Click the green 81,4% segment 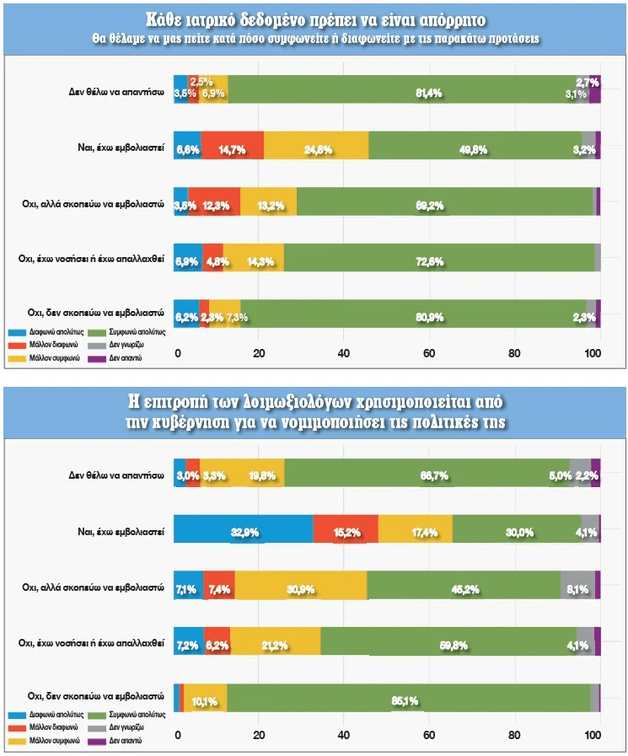click(409, 88)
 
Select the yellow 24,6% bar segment click(316, 145)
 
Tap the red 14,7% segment click(232, 145)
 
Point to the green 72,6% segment click(438, 257)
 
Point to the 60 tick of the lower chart click(428, 736)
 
